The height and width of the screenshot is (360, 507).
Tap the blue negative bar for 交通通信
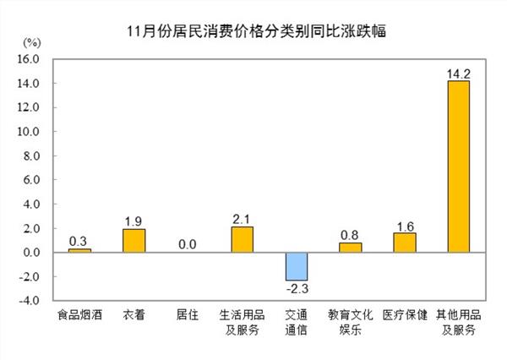(296, 266)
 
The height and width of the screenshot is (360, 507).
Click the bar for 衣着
(134, 241)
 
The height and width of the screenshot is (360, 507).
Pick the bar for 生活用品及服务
(242, 239)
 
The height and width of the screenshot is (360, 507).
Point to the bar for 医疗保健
(404, 243)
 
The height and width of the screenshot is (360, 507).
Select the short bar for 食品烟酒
(79, 250)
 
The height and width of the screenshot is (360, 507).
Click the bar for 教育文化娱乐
(350, 248)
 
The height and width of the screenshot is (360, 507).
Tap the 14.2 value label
(458, 71)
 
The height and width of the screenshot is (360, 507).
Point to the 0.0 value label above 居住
(188, 243)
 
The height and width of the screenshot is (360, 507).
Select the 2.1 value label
(242, 218)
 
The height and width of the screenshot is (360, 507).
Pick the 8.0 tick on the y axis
(31, 156)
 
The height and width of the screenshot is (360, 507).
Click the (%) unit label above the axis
(31, 41)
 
